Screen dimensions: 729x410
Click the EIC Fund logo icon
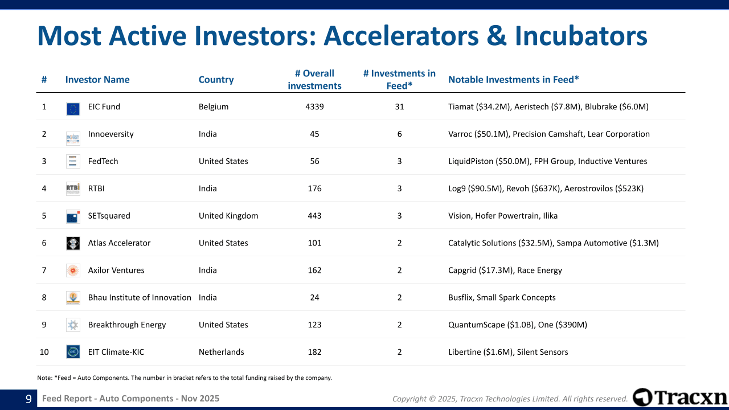coord(73,109)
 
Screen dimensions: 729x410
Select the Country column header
coord(216,79)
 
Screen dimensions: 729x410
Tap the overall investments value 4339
coord(314,106)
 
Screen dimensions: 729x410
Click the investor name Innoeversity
coord(110,134)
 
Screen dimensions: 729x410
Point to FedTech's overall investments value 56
coord(314,161)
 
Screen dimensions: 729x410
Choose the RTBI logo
coord(73,188)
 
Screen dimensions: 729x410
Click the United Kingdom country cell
coord(228,216)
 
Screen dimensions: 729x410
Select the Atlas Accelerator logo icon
coord(73,243)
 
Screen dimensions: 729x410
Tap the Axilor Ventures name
coord(116,270)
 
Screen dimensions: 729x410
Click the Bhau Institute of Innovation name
coord(140,297)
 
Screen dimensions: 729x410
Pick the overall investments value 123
coord(314,325)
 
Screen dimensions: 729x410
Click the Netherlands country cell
coord(222,352)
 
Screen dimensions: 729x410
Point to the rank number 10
coord(44,352)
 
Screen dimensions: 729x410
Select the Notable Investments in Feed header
coord(514,79)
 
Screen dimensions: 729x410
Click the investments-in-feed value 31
coord(399,106)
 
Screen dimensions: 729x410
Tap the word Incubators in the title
coord(581,35)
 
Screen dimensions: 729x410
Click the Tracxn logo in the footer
coord(680,397)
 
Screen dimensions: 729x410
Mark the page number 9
coord(28,399)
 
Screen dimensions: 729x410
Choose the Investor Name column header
coord(97,79)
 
